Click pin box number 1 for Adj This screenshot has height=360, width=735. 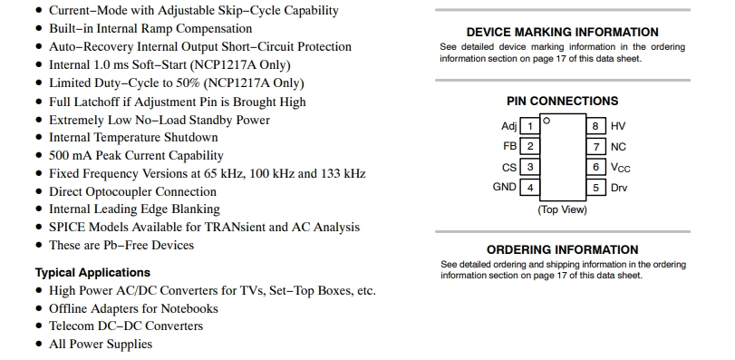(x=529, y=126)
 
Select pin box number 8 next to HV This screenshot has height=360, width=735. (x=595, y=126)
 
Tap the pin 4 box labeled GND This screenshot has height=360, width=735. (x=529, y=188)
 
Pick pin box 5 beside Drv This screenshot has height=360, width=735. (x=595, y=188)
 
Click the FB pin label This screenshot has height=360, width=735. (x=509, y=146)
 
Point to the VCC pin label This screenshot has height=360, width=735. (x=620, y=168)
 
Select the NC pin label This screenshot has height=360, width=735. (x=618, y=147)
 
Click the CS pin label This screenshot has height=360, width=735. (x=509, y=168)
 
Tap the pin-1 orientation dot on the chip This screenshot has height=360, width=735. (x=546, y=121)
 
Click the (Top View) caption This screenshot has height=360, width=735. (x=562, y=209)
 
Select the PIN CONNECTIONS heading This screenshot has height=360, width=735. (x=563, y=101)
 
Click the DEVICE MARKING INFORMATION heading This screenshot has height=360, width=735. (x=563, y=32)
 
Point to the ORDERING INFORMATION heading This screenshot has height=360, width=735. (x=563, y=249)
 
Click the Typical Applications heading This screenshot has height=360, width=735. (x=92, y=273)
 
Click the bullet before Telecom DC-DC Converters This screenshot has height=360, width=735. (x=39, y=326)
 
